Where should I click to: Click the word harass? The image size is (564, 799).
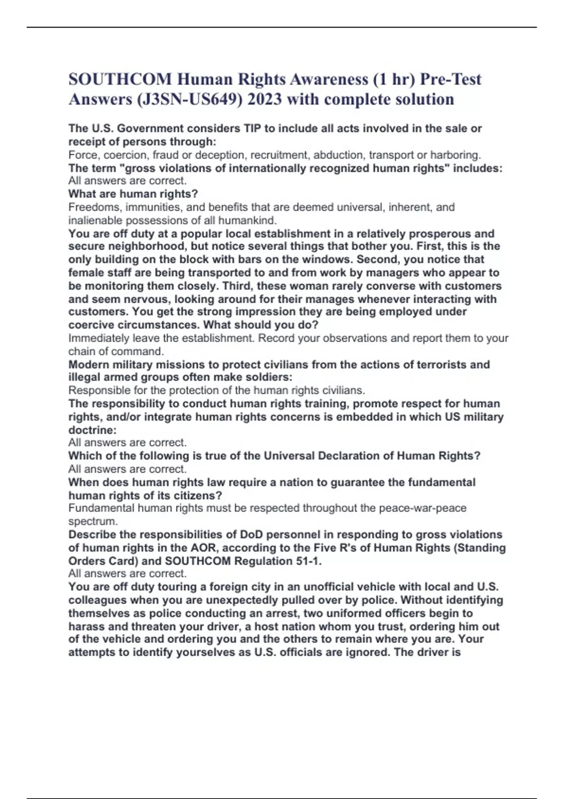86,627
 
